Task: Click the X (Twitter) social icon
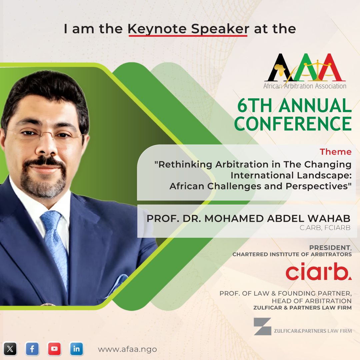[10, 349]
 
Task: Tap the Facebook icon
[32, 349]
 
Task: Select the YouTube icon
[54, 349]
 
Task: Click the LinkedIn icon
[76, 349]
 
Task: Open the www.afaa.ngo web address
[127, 349]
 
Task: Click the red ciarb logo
[318, 273]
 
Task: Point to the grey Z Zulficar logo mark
[262, 326]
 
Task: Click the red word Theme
[335, 152]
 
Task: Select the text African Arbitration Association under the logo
[305, 86]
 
